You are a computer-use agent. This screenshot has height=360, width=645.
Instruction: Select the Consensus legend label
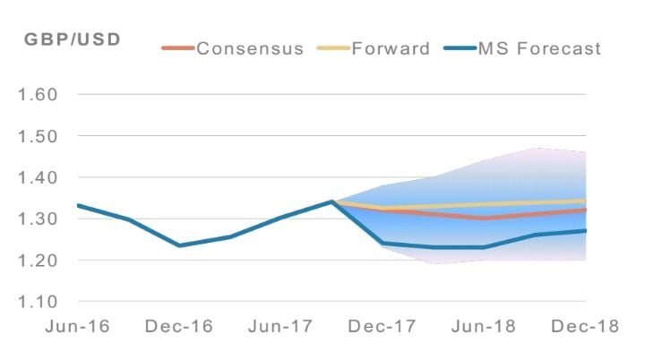pos(250,47)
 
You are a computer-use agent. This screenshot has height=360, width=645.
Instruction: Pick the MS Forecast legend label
pos(538,47)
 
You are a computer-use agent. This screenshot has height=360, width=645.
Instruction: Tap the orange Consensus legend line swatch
pos(177,47)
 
